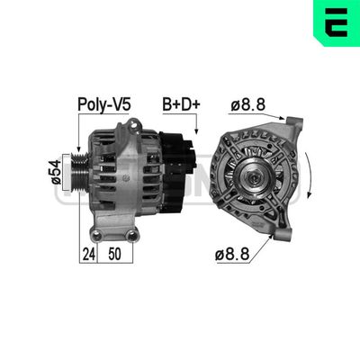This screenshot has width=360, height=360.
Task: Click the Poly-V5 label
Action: [x=103, y=104]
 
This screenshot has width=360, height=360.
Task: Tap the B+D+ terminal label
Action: [x=180, y=104]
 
